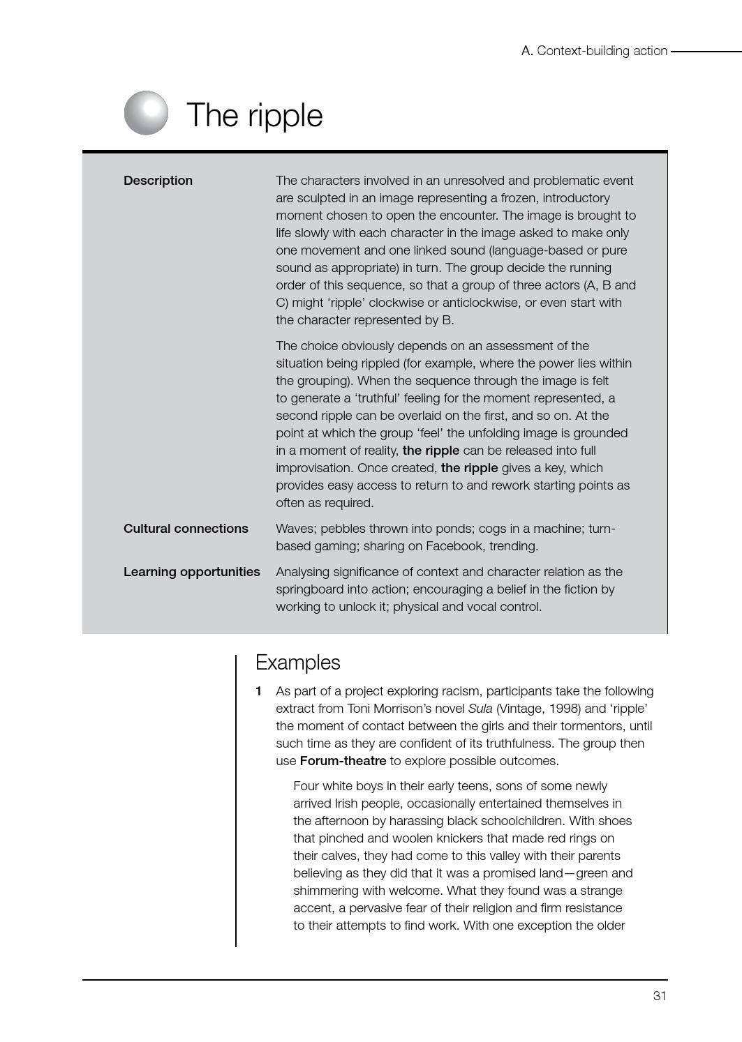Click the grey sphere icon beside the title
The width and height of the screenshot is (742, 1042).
(147, 113)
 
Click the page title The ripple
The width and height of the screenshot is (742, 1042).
(254, 115)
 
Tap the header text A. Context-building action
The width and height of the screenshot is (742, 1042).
(594, 51)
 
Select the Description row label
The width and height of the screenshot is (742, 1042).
(158, 181)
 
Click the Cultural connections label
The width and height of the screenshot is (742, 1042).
(186, 529)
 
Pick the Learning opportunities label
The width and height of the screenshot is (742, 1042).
(191, 572)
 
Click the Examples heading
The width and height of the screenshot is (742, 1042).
(297, 662)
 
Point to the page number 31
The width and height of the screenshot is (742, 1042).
(659, 996)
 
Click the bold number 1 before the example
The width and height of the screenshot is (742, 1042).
(258, 691)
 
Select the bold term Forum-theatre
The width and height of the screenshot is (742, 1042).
(342, 761)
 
